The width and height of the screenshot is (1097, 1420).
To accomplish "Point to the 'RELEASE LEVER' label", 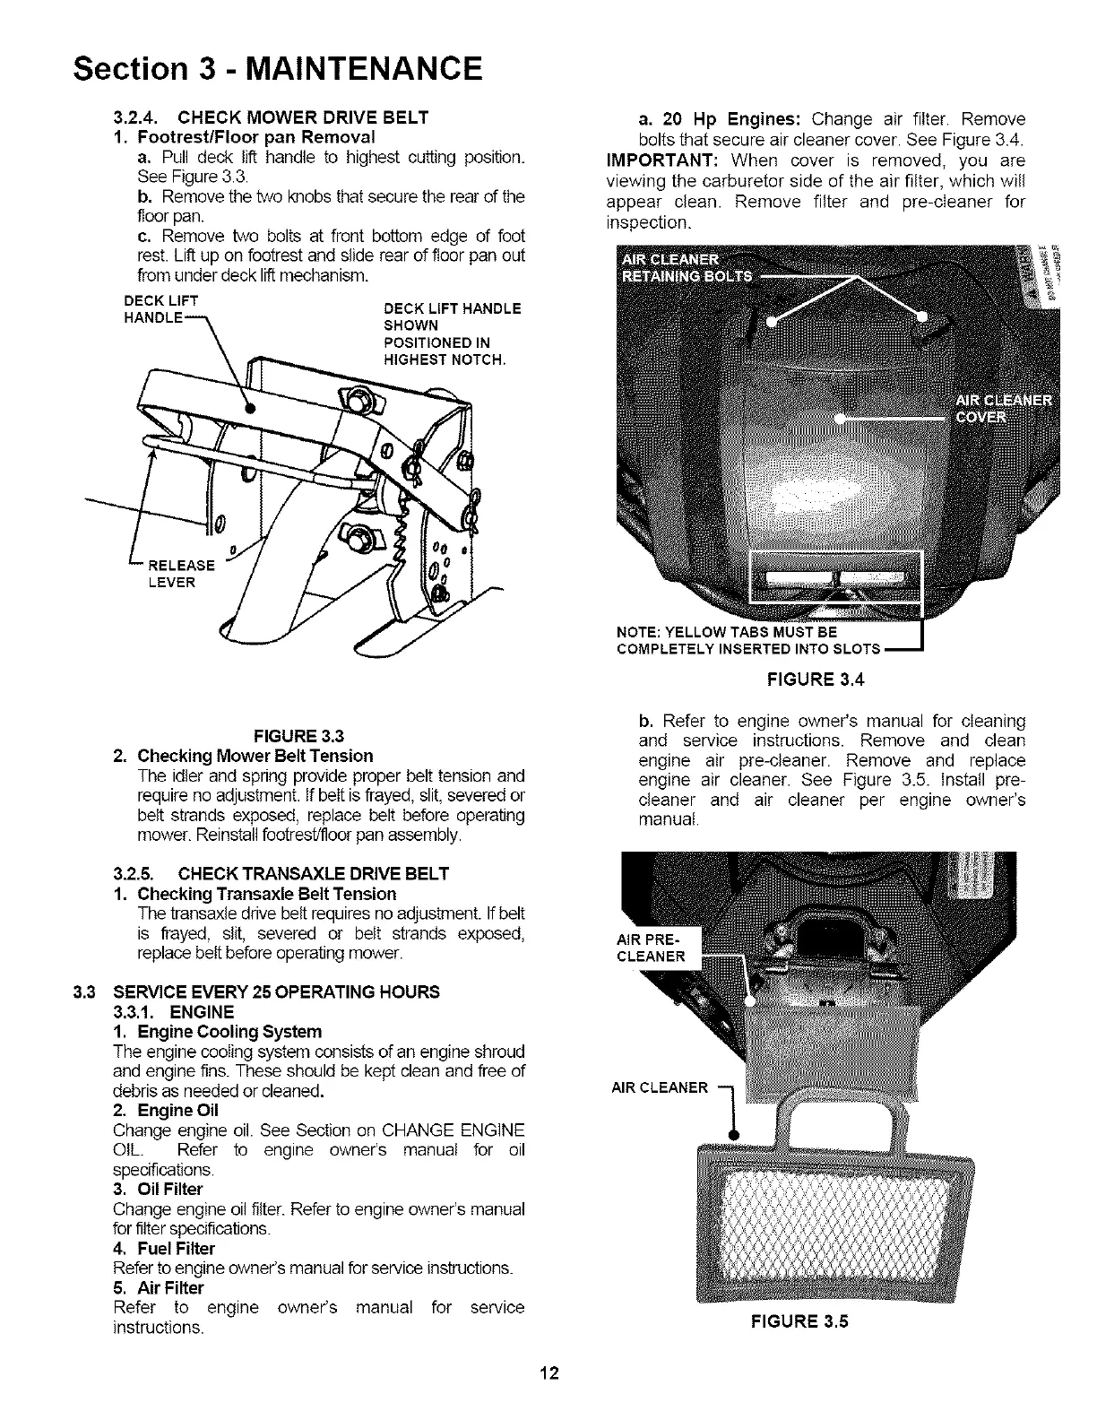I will (180, 574).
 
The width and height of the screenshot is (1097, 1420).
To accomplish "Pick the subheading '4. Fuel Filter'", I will (164, 1249).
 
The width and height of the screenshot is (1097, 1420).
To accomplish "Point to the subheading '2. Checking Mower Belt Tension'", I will (243, 756).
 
